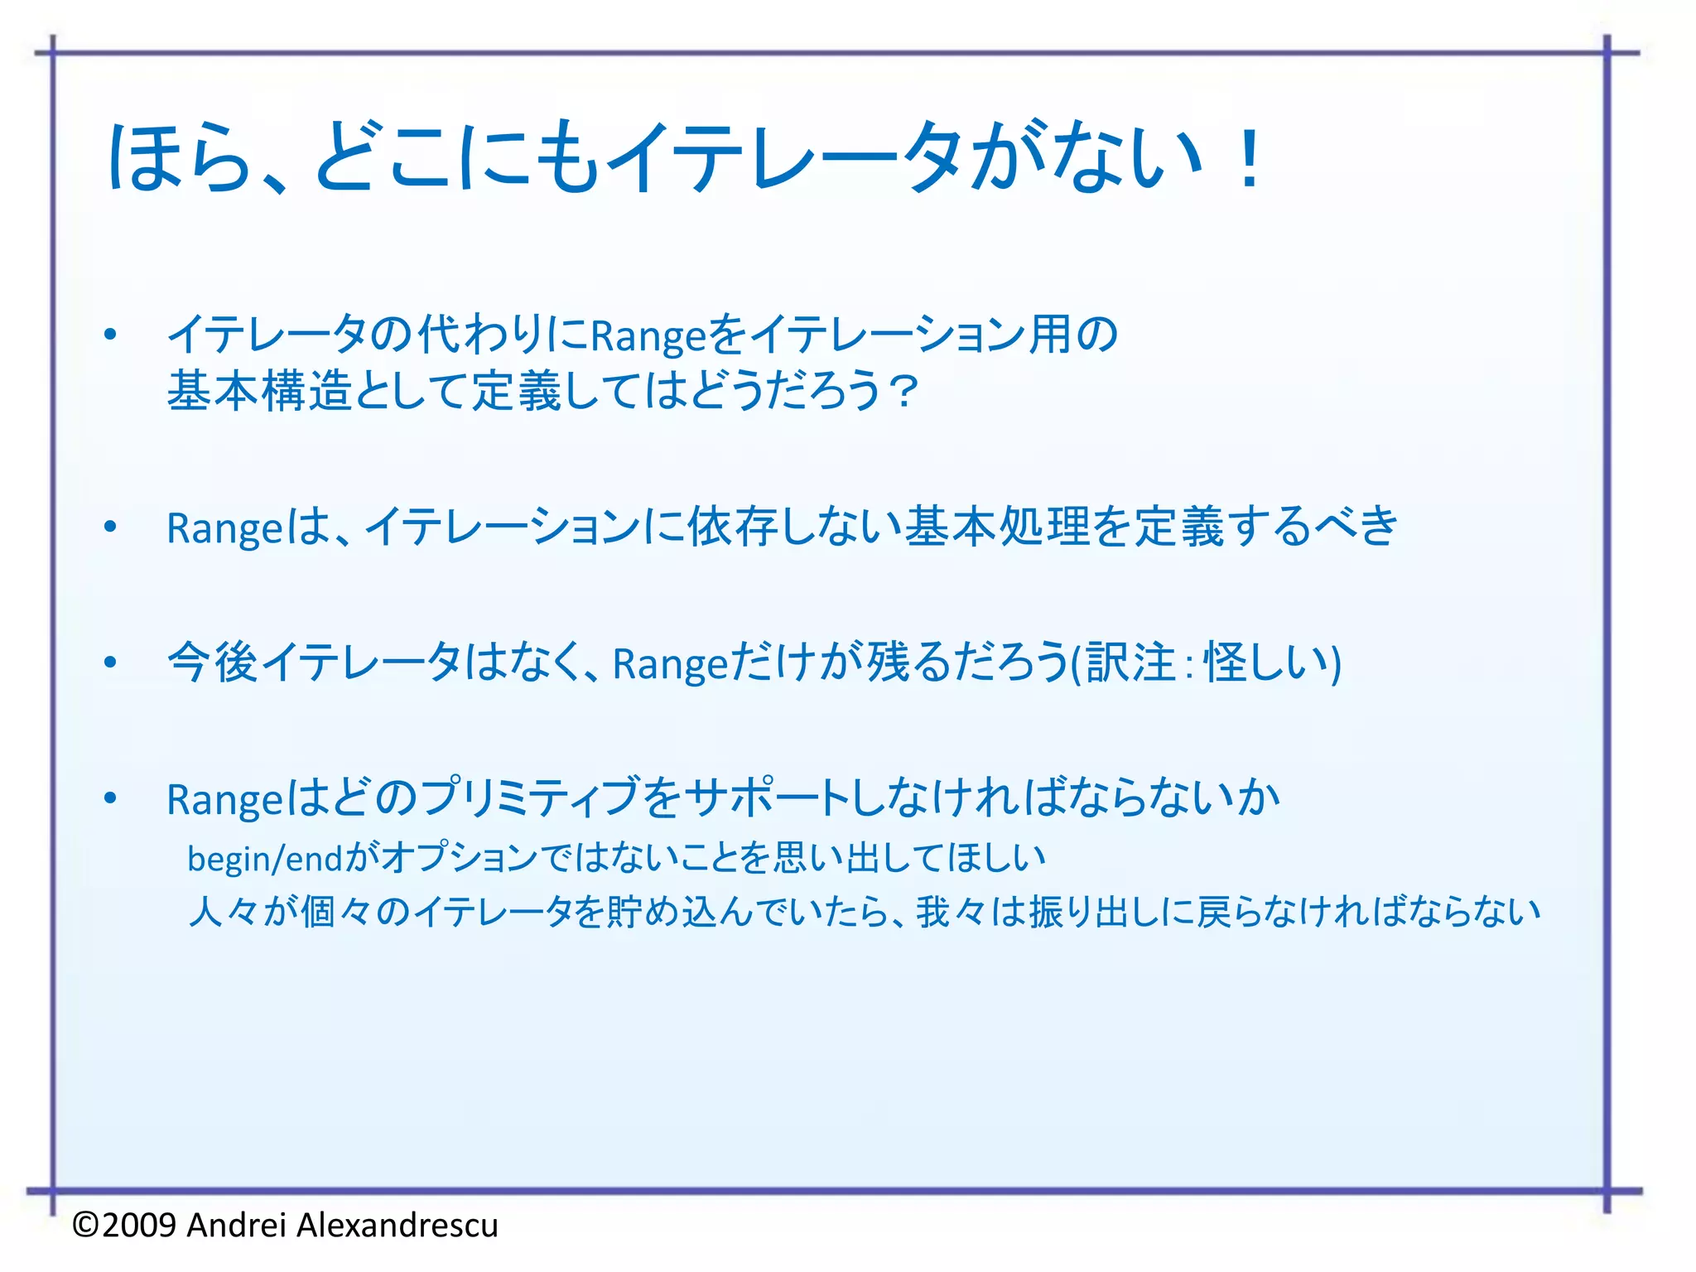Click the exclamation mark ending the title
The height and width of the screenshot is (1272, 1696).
click(1249, 159)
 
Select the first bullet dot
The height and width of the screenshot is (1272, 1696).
click(110, 335)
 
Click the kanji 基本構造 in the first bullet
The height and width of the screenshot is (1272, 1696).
click(260, 391)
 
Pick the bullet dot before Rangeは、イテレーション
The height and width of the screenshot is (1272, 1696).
click(110, 527)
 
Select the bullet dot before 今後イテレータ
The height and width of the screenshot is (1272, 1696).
click(110, 662)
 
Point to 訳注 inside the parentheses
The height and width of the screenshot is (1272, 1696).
click(1130, 662)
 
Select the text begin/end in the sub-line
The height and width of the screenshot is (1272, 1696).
click(265, 859)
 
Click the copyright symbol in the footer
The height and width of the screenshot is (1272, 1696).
click(86, 1225)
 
